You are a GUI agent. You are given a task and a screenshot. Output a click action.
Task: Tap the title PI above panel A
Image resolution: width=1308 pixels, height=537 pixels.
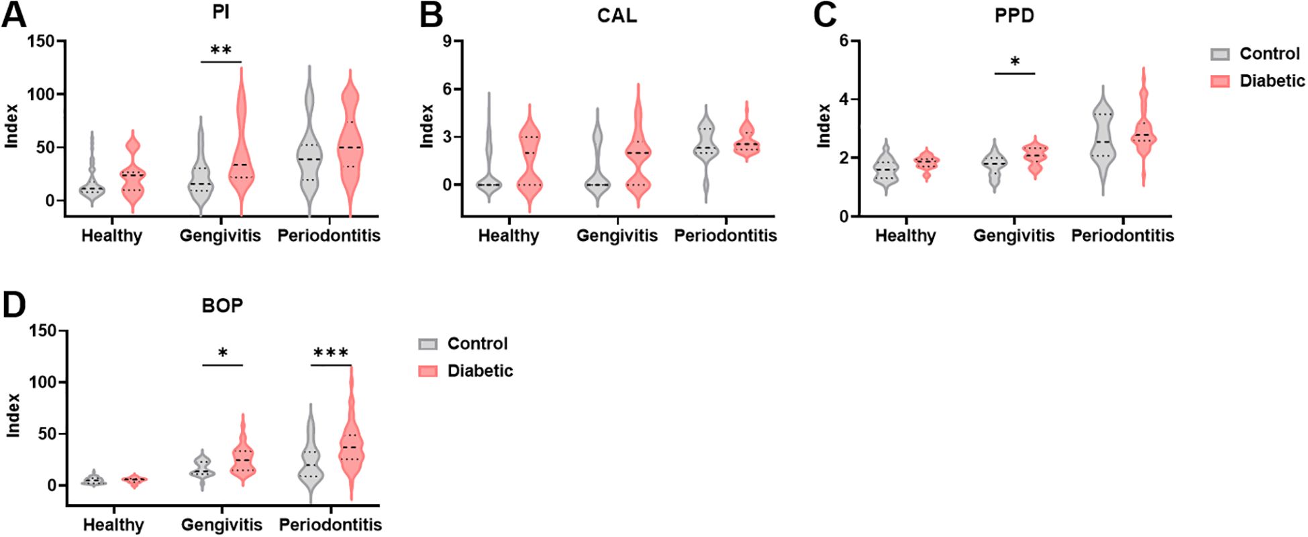[x=221, y=13]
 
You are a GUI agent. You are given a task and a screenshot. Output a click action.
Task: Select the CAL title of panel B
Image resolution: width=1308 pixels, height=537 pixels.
[x=617, y=15]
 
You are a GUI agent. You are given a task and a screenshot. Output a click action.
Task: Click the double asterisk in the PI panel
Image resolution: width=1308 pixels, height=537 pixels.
[x=221, y=51]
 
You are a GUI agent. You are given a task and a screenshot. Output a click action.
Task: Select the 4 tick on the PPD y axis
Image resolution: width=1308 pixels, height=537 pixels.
[x=845, y=99]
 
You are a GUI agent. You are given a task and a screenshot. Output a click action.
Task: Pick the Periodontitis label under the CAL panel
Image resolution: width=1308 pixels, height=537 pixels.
[x=725, y=236]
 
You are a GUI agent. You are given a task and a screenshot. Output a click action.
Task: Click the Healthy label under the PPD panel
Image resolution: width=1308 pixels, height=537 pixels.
[x=905, y=236]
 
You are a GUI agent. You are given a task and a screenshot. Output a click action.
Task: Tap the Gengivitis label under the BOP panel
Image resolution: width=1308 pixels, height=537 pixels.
[x=221, y=525]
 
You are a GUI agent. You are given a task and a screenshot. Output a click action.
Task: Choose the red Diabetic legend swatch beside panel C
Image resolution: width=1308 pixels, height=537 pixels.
[x=1220, y=81]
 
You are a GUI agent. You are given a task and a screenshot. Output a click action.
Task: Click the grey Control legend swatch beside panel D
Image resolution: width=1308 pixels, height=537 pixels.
[x=428, y=344]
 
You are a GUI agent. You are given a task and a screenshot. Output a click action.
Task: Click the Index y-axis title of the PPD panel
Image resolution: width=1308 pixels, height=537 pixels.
[x=824, y=126]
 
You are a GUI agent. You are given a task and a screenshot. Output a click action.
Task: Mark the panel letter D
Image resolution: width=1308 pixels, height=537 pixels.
[x=13, y=305]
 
